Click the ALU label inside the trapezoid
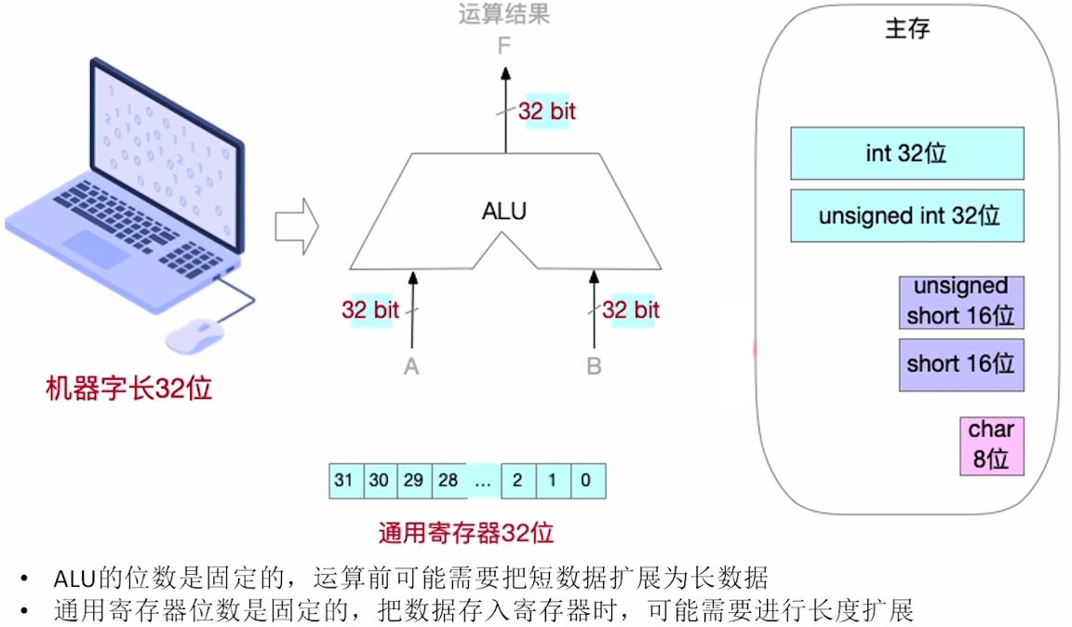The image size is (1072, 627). tap(504, 211)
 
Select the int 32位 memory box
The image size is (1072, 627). tap(906, 154)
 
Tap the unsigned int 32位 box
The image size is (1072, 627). tap(906, 216)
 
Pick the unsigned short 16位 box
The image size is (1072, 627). tap(960, 302)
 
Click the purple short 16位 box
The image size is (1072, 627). tap(960, 364)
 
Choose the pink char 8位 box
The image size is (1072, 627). tap(991, 445)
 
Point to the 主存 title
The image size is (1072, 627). tap(907, 29)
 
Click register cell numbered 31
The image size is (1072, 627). tap(345, 481)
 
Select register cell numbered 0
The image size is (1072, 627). tap(586, 481)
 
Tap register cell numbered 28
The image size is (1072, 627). tap(449, 481)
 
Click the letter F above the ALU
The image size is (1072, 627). tap(504, 45)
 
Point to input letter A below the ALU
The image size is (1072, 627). tap(411, 366)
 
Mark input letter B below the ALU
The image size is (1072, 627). tap(594, 366)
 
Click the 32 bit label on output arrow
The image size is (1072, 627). tap(547, 111)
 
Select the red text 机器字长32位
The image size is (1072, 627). tap(129, 388)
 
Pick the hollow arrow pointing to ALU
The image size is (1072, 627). tap(296, 226)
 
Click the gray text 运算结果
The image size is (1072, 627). tap(503, 14)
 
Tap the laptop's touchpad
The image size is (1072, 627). tap(95, 249)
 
